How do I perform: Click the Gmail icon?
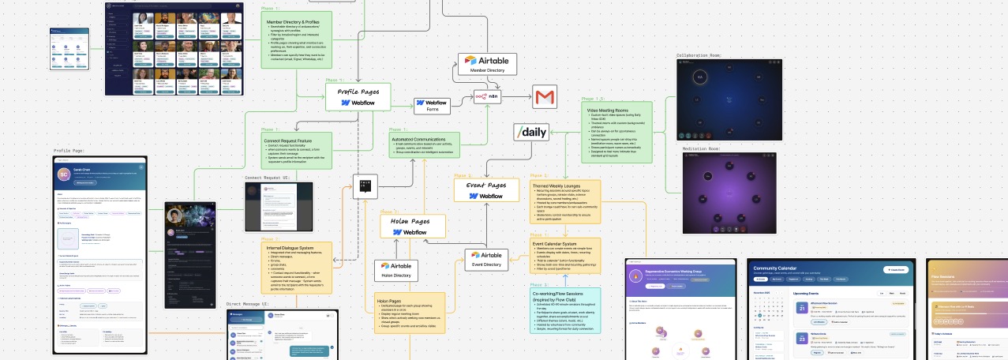[x=545, y=98]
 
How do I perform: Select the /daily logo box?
[x=530, y=132]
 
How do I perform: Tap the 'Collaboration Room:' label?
[x=699, y=56]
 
